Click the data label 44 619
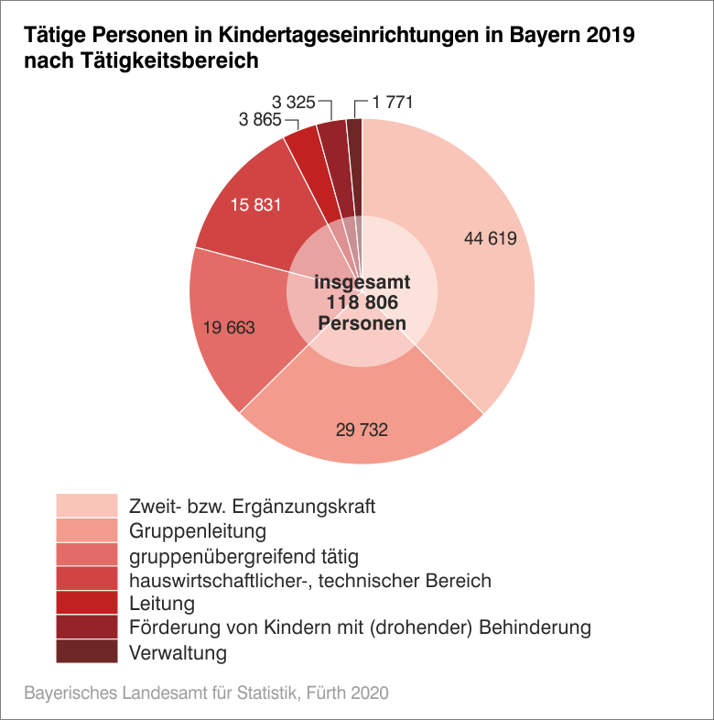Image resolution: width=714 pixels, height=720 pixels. pyautogui.click(x=491, y=239)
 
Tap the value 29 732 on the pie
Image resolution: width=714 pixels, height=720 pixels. pyautogui.click(x=362, y=429)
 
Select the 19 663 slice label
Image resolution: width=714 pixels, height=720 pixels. pyautogui.click(x=228, y=327)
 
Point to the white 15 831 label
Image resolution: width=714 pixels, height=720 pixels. pyautogui.click(x=255, y=205)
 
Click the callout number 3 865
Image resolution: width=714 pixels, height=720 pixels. pyautogui.click(x=260, y=120)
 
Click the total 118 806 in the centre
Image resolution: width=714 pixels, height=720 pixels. pyautogui.click(x=362, y=303)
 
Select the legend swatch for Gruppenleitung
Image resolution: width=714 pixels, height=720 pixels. pyautogui.click(x=87, y=530)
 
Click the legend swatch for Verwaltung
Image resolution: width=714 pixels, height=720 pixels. pyautogui.click(x=87, y=652)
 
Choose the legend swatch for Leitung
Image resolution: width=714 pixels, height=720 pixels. pyautogui.click(x=87, y=604)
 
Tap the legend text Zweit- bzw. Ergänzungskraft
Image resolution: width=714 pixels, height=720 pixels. pyautogui.click(x=253, y=507)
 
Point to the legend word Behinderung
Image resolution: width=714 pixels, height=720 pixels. pyautogui.click(x=539, y=628)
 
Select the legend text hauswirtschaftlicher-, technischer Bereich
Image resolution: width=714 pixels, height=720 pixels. pyautogui.click(x=310, y=580)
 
